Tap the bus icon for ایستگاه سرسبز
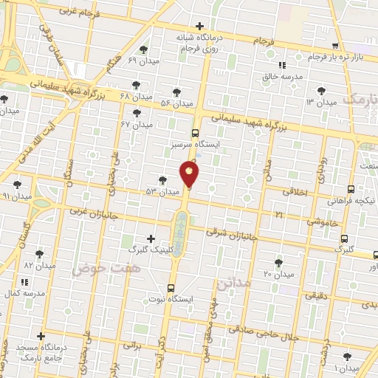(x=195, y=134)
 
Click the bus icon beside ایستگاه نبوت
(x=171, y=288)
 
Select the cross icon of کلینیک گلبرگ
(x=151, y=238)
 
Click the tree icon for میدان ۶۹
(x=143, y=49)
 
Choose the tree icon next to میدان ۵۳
(x=162, y=179)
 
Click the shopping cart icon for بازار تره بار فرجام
(x=315, y=46)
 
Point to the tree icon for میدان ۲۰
(x=278, y=262)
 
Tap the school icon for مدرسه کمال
(x=24, y=282)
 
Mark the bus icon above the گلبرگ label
(x=345, y=238)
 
